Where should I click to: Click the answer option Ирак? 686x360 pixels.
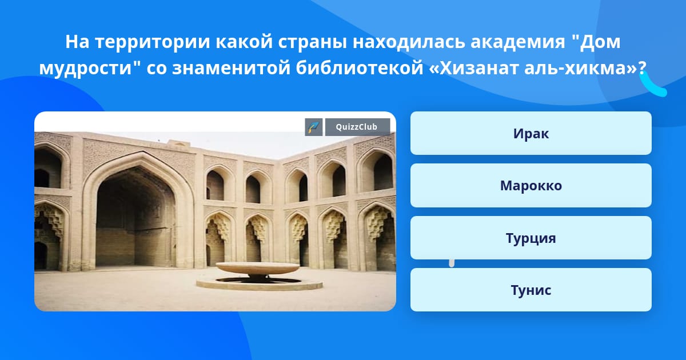coord(531,133)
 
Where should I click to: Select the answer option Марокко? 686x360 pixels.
coord(531,186)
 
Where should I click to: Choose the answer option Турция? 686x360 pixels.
coord(531,238)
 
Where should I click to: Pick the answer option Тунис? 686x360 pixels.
coord(531,290)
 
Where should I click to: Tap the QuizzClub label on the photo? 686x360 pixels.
coord(357,127)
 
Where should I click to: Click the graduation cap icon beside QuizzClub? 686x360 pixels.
coord(314,127)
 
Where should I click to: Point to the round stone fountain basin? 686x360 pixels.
coord(257,269)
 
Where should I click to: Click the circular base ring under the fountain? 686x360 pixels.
coord(259,283)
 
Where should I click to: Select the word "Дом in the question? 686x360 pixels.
coord(596,42)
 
